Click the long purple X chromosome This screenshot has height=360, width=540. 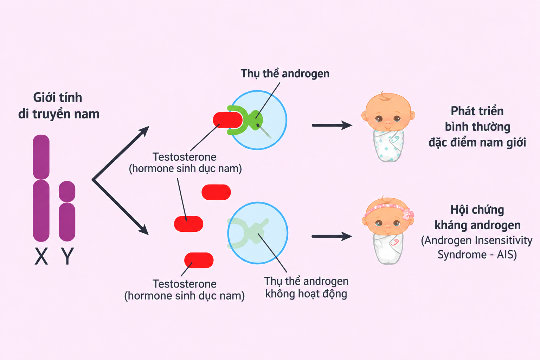pyautogui.click(x=41, y=188)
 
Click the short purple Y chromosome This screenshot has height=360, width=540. pyautogui.click(x=67, y=211)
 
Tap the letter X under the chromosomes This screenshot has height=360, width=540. pyautogui.click(x=41, y=256)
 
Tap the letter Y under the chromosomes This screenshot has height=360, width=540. pyautogui.click(x=67, y=256)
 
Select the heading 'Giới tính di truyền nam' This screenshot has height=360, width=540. pyautogui.click(x=59, y=105)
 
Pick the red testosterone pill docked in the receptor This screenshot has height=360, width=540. pyautogui.click(x=228, y=120)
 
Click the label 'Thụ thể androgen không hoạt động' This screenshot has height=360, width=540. pyautogui.click(x=306, y=288)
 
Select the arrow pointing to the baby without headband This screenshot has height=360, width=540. pyautogui.click(x=332, y=126)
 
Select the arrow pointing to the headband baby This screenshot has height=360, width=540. pyautogui.click(x=332, y=236)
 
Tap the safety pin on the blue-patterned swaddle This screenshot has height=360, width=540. pyautogui.click(x=394, y=139)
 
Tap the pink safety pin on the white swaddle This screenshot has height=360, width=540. pyautogui.click(x=394, y=242)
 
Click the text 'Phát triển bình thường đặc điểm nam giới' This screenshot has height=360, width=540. pyautogui.click(x=477, y=127)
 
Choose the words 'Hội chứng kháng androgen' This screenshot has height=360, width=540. pyautogui.click(x=477, y=218)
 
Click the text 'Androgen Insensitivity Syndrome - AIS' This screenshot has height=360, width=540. pyautogui.click(x=477, y=247)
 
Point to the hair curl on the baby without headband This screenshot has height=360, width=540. pyautogui.click(x=385, y=96)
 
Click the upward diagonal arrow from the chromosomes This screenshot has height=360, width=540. pyautogui.click(x=121, y=153)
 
